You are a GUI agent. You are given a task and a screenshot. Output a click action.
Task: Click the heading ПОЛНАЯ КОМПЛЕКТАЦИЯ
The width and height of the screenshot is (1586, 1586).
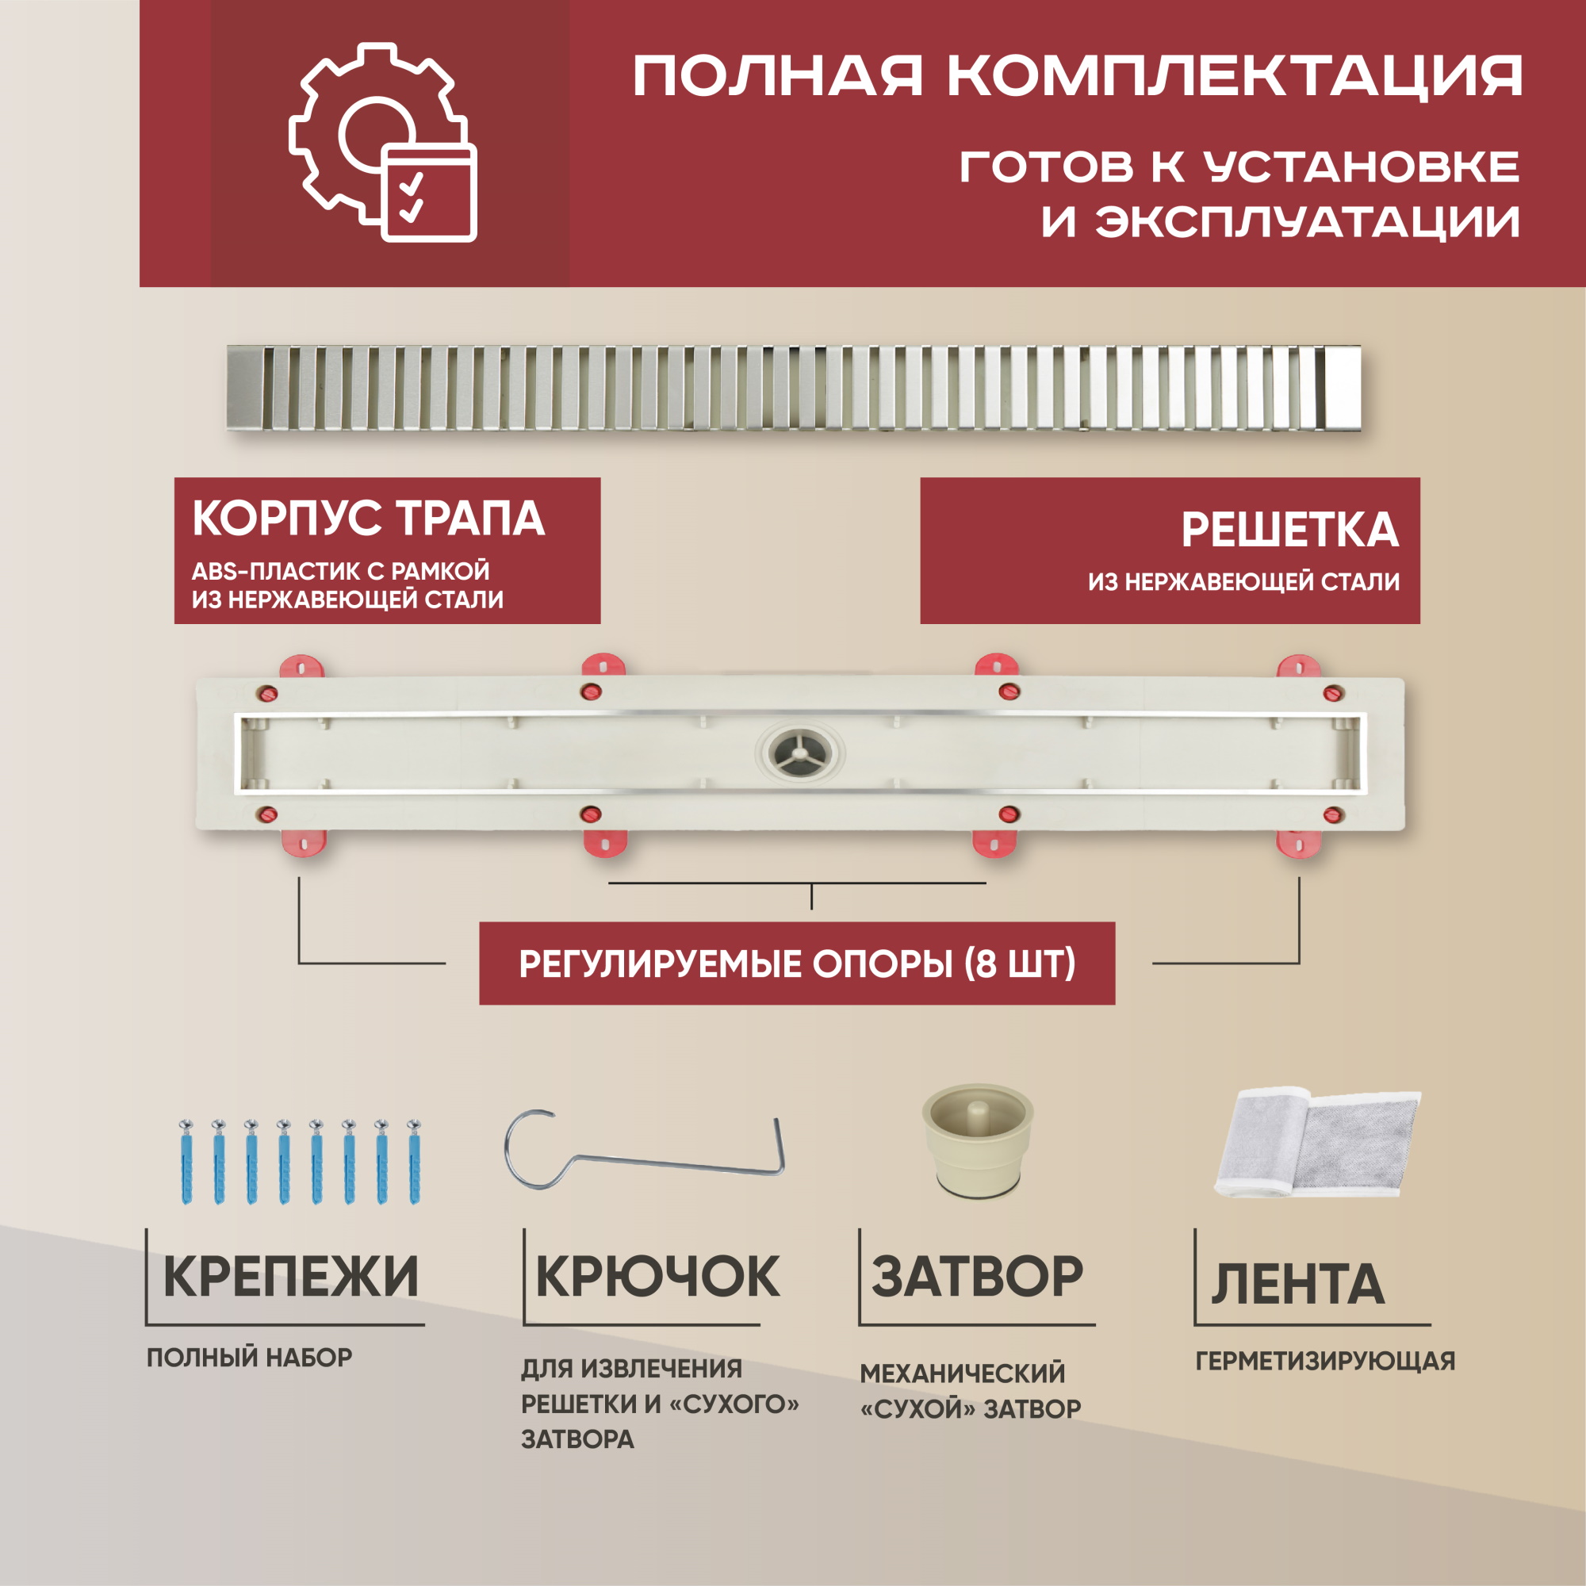click(x=1077, y=76)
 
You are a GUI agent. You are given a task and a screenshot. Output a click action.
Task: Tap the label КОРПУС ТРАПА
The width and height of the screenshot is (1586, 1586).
click(x=369, y=519)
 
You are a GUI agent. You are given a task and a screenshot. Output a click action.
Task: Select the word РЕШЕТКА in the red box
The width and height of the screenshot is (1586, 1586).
click(x=1289, y=530)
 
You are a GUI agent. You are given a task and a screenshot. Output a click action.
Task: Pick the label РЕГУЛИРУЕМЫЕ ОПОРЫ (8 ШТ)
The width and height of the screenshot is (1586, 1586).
click(x=797, y=963)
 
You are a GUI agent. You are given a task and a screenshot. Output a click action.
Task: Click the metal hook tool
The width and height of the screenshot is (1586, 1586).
click(x=645, y=1150)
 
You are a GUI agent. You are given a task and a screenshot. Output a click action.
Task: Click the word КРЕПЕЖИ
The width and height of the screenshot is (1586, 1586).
click(x=290, y=1277)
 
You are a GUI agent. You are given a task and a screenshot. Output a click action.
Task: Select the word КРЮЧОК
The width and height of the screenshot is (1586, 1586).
click(x=657, y=1277)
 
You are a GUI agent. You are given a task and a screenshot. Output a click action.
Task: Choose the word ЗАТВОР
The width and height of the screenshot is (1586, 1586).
click(x=977, y=1277)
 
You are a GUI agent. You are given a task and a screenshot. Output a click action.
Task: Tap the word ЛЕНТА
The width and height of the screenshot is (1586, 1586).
click(x=1298, y=1284)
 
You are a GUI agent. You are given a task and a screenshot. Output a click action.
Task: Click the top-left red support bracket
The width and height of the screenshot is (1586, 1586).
click(x=302, y=667)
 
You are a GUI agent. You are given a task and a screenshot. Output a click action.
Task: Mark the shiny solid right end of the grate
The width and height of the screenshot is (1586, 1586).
click(x=1344, y=387)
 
